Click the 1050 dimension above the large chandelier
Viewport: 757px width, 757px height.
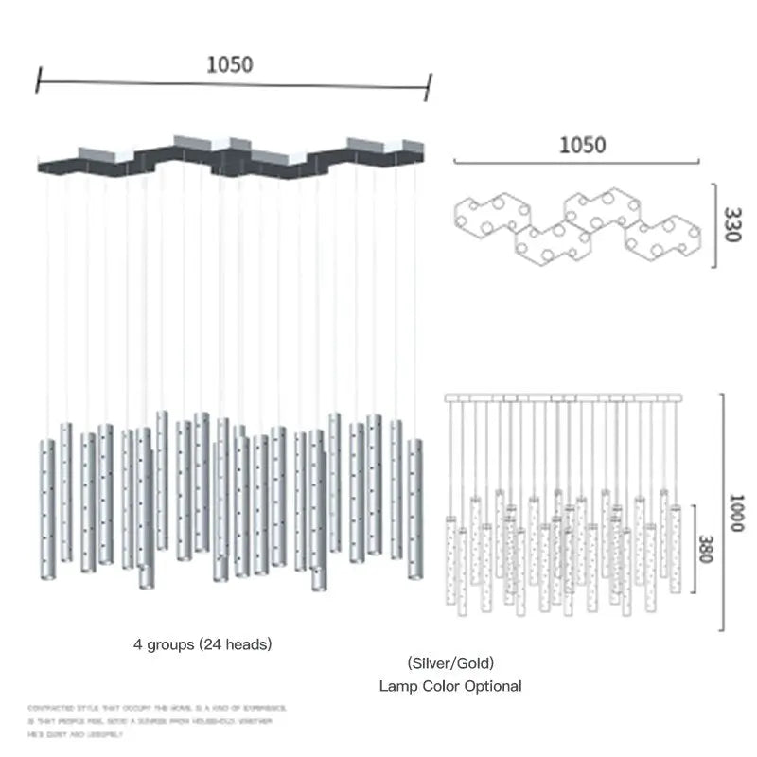(x=230, y=64)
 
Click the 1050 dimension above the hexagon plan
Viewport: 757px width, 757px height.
(x=582, y=145)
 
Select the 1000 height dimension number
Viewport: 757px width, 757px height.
(x=737, y=512)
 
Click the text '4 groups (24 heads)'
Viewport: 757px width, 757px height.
(x=202, y=644)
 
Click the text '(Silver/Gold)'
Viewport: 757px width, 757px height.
(x=450, y=663)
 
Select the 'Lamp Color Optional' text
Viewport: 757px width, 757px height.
(x=450, y=686)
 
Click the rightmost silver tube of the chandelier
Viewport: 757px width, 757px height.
(x=415, y=508)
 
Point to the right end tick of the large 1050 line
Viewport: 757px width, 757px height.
(x=429, y=87)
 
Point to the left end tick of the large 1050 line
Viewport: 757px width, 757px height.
(x=38, y=79)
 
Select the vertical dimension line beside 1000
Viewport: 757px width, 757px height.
(x=723, y=511)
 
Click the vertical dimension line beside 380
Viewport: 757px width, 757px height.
(x=694, y=546)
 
